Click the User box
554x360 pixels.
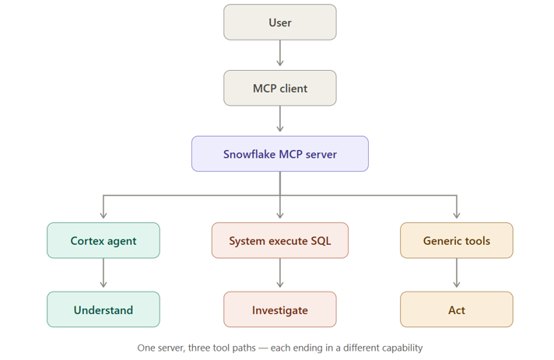click(280, 23)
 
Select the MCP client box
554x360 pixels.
click(280, 88)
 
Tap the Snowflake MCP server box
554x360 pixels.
click(280, 154)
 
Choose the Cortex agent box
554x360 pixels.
click(103, 240)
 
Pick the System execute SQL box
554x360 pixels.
click(280, 240)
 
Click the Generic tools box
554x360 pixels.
click(457, 240)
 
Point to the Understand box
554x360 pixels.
click(103, 309)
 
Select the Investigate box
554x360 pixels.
click(280, 309)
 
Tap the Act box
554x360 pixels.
click(457, 309)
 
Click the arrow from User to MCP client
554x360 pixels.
click(280, 53)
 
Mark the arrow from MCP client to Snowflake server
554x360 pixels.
click(280, 119)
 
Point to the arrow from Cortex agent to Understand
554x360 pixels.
click(103, 273)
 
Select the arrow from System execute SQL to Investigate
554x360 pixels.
click(280, 273)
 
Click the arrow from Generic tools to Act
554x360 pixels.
click(457, 273)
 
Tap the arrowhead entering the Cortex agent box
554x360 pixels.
click(103, 215)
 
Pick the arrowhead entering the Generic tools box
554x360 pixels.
click(457, 215)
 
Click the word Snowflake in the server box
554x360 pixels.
click(249, 154)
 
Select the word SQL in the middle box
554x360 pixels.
click(321, 241)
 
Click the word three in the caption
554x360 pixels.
click(199, 348)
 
